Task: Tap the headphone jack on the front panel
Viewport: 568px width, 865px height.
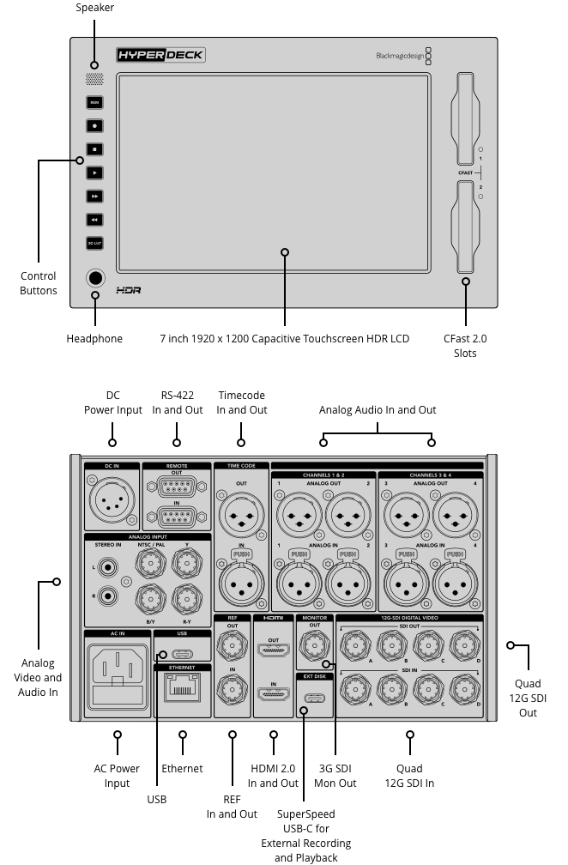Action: click(94, 278)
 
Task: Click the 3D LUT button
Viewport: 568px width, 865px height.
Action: click(94, 244)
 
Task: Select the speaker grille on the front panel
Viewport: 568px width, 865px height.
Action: click(94, 79)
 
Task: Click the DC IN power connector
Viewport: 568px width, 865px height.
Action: click(112, 499)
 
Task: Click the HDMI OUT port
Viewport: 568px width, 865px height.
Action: click(274, 651)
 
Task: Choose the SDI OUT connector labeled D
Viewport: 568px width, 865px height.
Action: click(465, 644)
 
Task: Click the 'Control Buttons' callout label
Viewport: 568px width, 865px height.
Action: click(39, 284)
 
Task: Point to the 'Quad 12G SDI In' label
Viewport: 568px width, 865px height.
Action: click(410, 776)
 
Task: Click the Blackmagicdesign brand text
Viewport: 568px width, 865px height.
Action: click(399, 57)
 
